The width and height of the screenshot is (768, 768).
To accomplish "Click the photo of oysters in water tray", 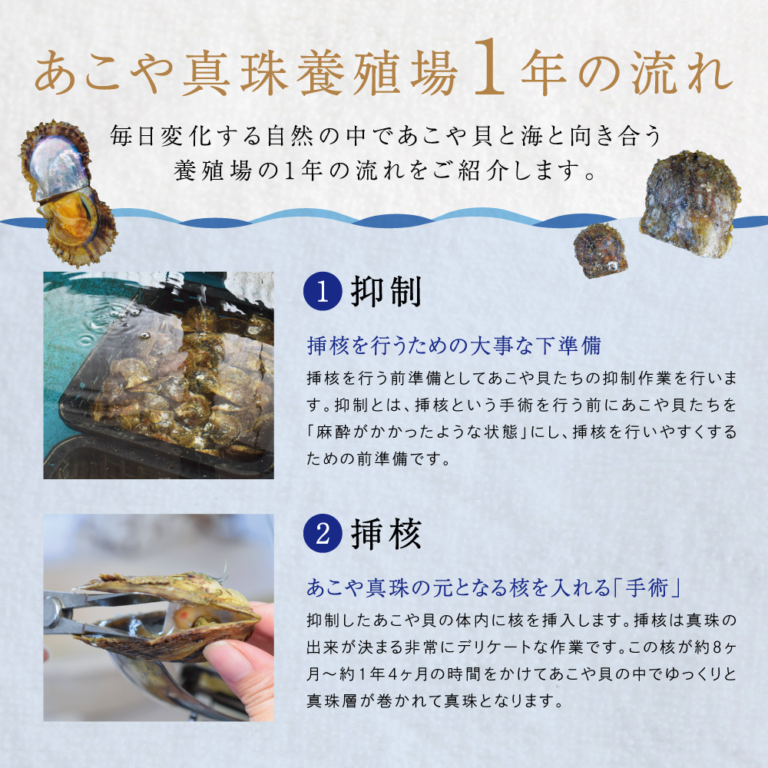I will click(x=158, y=375).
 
